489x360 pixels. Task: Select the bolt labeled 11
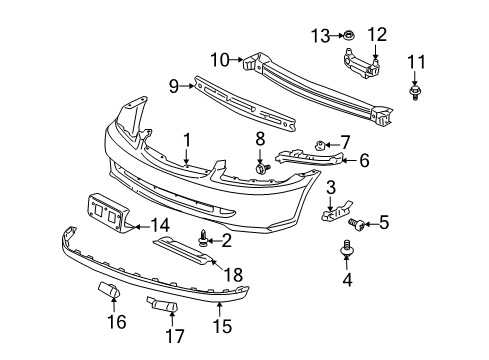pos(413,94)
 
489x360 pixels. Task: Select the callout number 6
pos(363,159)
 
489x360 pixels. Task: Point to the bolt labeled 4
pos(347,246)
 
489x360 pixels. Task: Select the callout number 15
pos(219,324)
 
